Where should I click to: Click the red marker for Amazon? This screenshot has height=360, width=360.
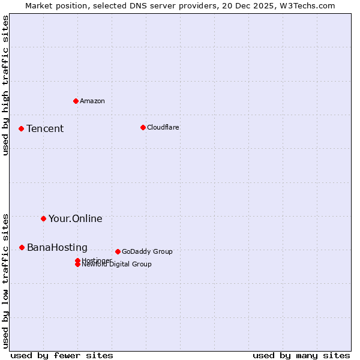click(x=76, y=101)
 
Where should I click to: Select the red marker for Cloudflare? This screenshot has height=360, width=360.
click(x=143, y=127)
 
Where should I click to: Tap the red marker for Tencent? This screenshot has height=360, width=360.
click(x=21, y=128)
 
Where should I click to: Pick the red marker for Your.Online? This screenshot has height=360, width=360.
click(x=43, y=218)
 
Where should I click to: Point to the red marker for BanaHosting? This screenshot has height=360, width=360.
click(x=22, y=247)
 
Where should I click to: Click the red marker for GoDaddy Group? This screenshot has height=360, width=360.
click(x=118, y=251)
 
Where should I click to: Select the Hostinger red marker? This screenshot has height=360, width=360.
click(x=77, y=260)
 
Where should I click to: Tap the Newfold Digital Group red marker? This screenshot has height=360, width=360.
click(x=77, y=264)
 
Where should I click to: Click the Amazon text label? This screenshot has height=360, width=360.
click(x=92, y=101)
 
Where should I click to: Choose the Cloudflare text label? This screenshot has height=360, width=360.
click(x=163, y=127)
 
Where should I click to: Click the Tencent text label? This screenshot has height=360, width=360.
click(x=45, y=129)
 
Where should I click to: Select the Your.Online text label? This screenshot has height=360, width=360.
click(x=76, y=219)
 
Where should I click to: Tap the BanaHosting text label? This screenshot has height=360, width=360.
click(x=57, y=248)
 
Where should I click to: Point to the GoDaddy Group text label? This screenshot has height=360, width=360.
click(x=147, y=252)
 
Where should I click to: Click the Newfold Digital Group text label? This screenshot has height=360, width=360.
click(x=117, y=265)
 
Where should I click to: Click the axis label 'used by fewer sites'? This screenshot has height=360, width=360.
click(x=62, y=355)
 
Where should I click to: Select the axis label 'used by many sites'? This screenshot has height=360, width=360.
click(x=301, y=355)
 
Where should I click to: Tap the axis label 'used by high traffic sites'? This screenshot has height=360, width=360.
click(x=6, y=85)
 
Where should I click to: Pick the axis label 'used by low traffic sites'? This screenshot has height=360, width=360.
click(x=6, y=280)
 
